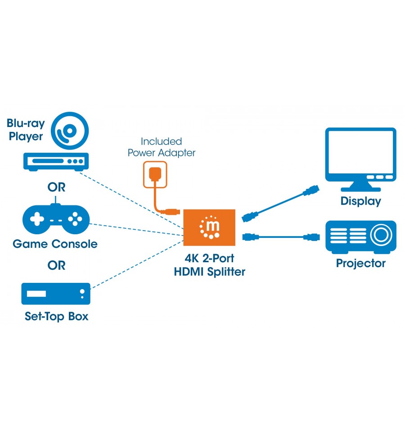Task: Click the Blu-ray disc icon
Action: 70,131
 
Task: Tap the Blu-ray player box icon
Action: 56,162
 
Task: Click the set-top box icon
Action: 56,294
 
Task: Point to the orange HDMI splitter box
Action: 209,227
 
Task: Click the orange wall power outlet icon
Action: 155,175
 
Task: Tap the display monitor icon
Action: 361,159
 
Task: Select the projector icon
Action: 361,237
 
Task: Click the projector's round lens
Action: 381,235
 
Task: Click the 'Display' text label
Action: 361,201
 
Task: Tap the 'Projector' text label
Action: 361,264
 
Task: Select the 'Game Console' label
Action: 55,244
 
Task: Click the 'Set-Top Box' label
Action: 56,316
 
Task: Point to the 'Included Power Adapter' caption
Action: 162,147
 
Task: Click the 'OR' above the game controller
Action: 56,187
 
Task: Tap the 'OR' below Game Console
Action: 56,266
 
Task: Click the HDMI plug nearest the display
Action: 311,190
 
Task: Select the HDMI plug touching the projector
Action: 312,237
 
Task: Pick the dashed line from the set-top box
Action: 137,264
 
